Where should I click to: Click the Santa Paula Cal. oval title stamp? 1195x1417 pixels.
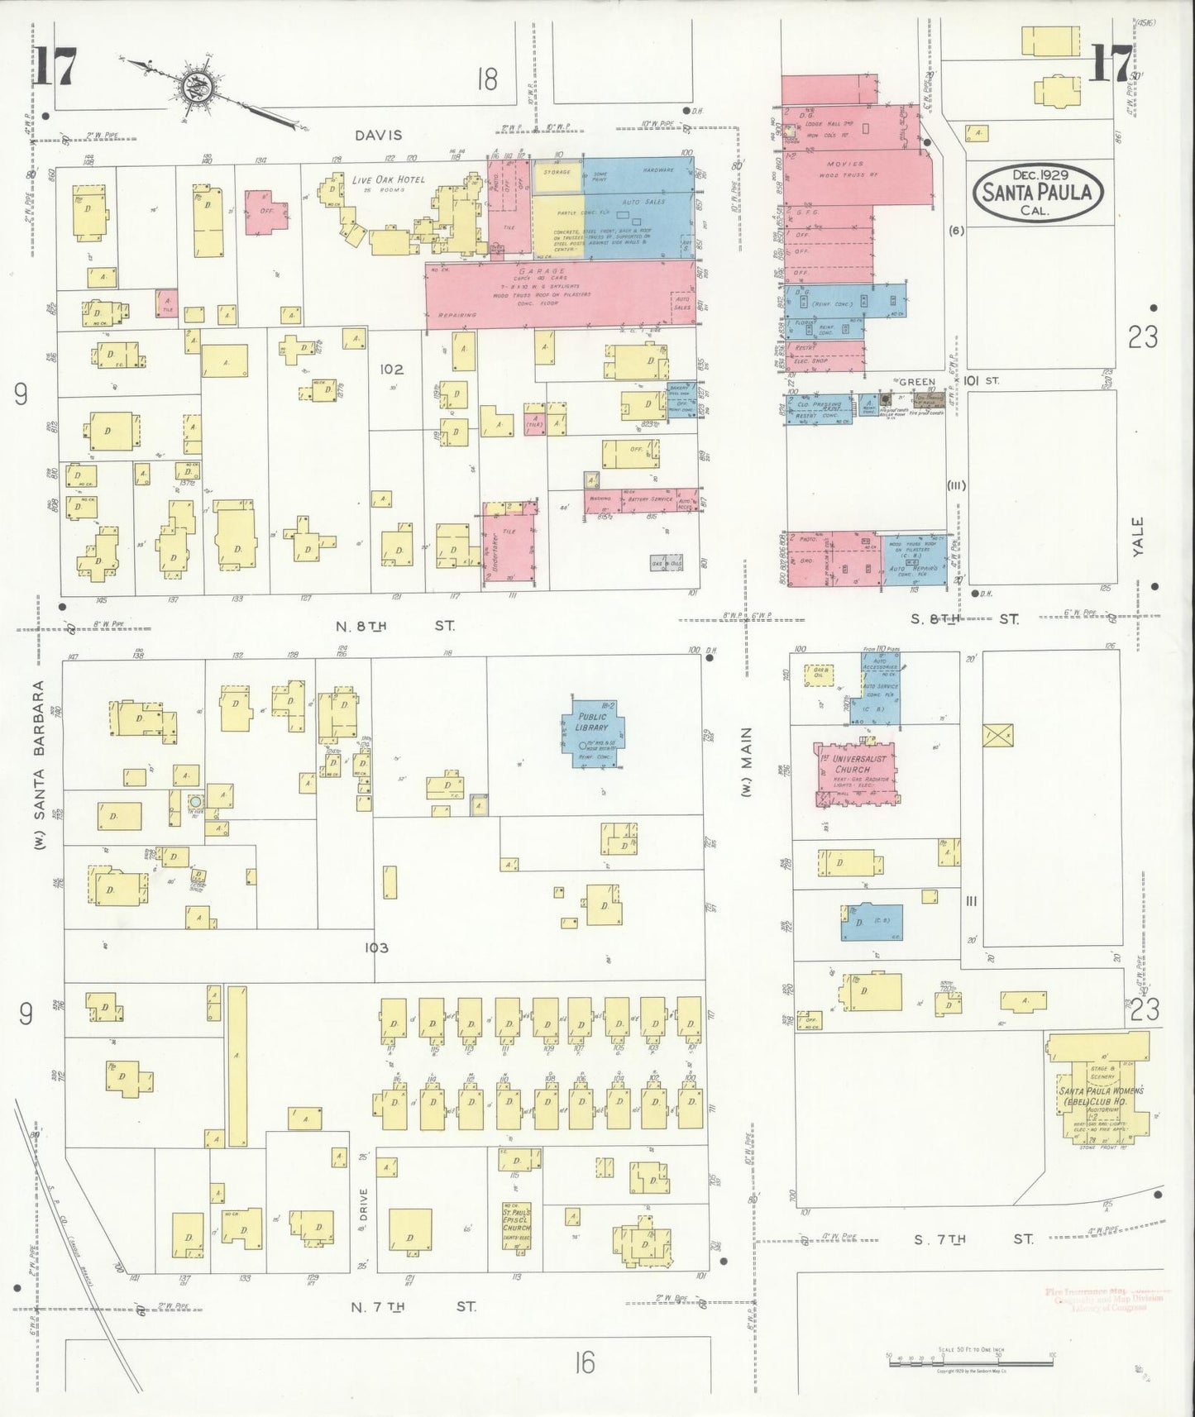tap(1036, 192)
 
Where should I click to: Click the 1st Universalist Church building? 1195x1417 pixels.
tap(858, 775)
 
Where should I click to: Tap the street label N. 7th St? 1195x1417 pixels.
tap(413, 1307)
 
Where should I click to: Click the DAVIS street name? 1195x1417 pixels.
tap(379, 135)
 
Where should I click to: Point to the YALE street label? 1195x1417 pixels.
tap(1138, 537)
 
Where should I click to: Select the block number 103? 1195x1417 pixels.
tap(375, 947)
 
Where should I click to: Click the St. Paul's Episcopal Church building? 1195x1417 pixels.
tap(516, 1222)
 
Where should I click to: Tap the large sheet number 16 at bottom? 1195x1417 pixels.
tap(584, 1362)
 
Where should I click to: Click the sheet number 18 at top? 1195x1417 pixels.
tap(487, 79)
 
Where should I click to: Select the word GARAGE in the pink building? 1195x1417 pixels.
tap(543, 271)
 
